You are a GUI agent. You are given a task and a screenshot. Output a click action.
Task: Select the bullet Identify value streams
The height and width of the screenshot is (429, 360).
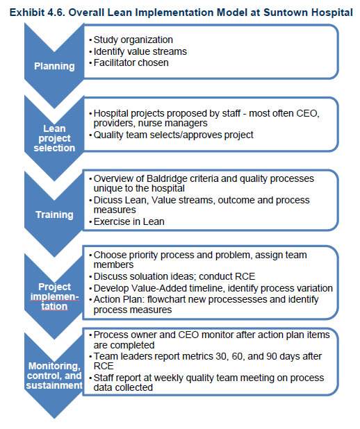pyautogui.click(x=140, y=51)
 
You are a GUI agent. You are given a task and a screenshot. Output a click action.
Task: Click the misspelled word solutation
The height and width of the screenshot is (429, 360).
pyautogui.click(x=155, y=276)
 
